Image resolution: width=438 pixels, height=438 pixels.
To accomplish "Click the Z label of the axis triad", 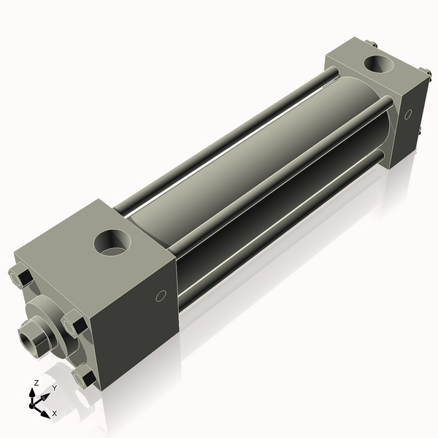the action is [36, 383].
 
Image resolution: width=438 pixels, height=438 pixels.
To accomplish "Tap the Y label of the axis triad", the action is [55, 388].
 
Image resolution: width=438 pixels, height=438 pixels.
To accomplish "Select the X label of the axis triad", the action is [55, 413].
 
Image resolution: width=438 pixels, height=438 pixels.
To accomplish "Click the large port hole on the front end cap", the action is [112, 242].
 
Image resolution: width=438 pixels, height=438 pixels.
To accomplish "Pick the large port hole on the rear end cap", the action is [378, 64].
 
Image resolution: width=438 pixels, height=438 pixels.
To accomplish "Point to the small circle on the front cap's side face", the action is [161, 296].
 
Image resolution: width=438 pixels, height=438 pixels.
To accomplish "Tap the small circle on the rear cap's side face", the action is [408, 114].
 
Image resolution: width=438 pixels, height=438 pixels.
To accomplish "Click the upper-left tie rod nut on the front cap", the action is [20, 277].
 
